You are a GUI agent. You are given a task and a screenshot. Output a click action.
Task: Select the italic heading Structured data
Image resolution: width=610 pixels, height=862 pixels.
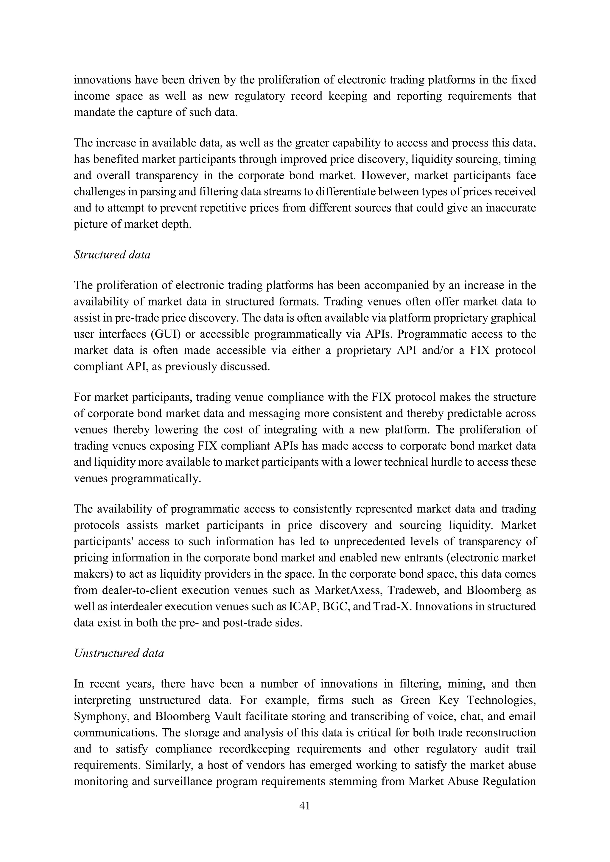pyautogui.click(x=112, y=255)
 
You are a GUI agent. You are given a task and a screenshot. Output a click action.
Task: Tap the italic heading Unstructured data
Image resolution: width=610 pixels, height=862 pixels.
pyautogui.click(x=119, y=653)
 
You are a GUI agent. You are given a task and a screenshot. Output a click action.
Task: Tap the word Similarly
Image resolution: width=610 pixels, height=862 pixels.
pyautogui.click(x=171, y=765)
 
